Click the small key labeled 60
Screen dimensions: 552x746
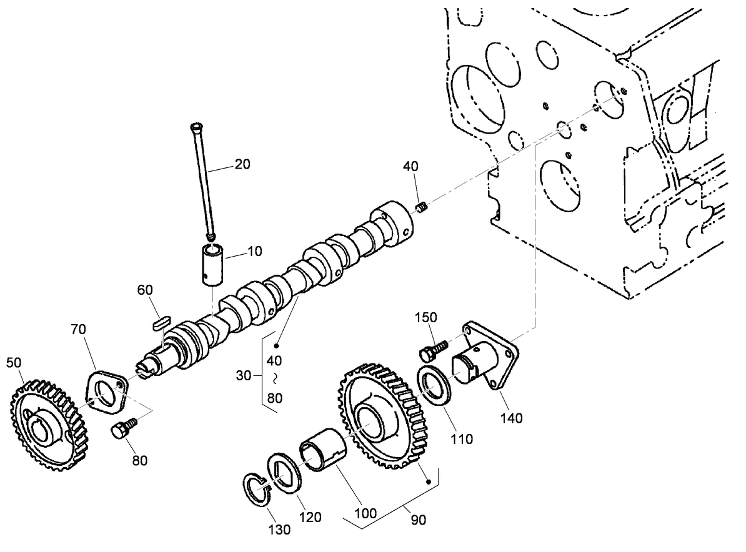tap(161, 322)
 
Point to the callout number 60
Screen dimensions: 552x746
tap(145, 290)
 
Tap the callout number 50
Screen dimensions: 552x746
tap(14, 363)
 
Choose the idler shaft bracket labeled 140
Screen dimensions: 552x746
tap(487, 359)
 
